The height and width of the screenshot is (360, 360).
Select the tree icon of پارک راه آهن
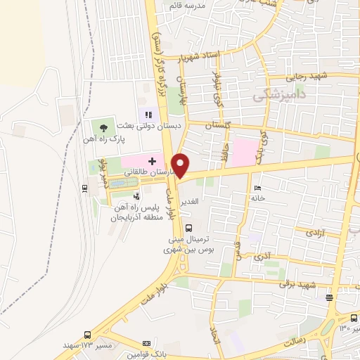[103, 127]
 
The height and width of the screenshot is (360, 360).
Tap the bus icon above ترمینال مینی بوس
[188, 227]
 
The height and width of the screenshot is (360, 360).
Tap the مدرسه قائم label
[186, 6]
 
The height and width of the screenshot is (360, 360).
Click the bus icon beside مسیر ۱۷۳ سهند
[87, 335]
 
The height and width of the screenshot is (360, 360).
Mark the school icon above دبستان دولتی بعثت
[148, 113]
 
